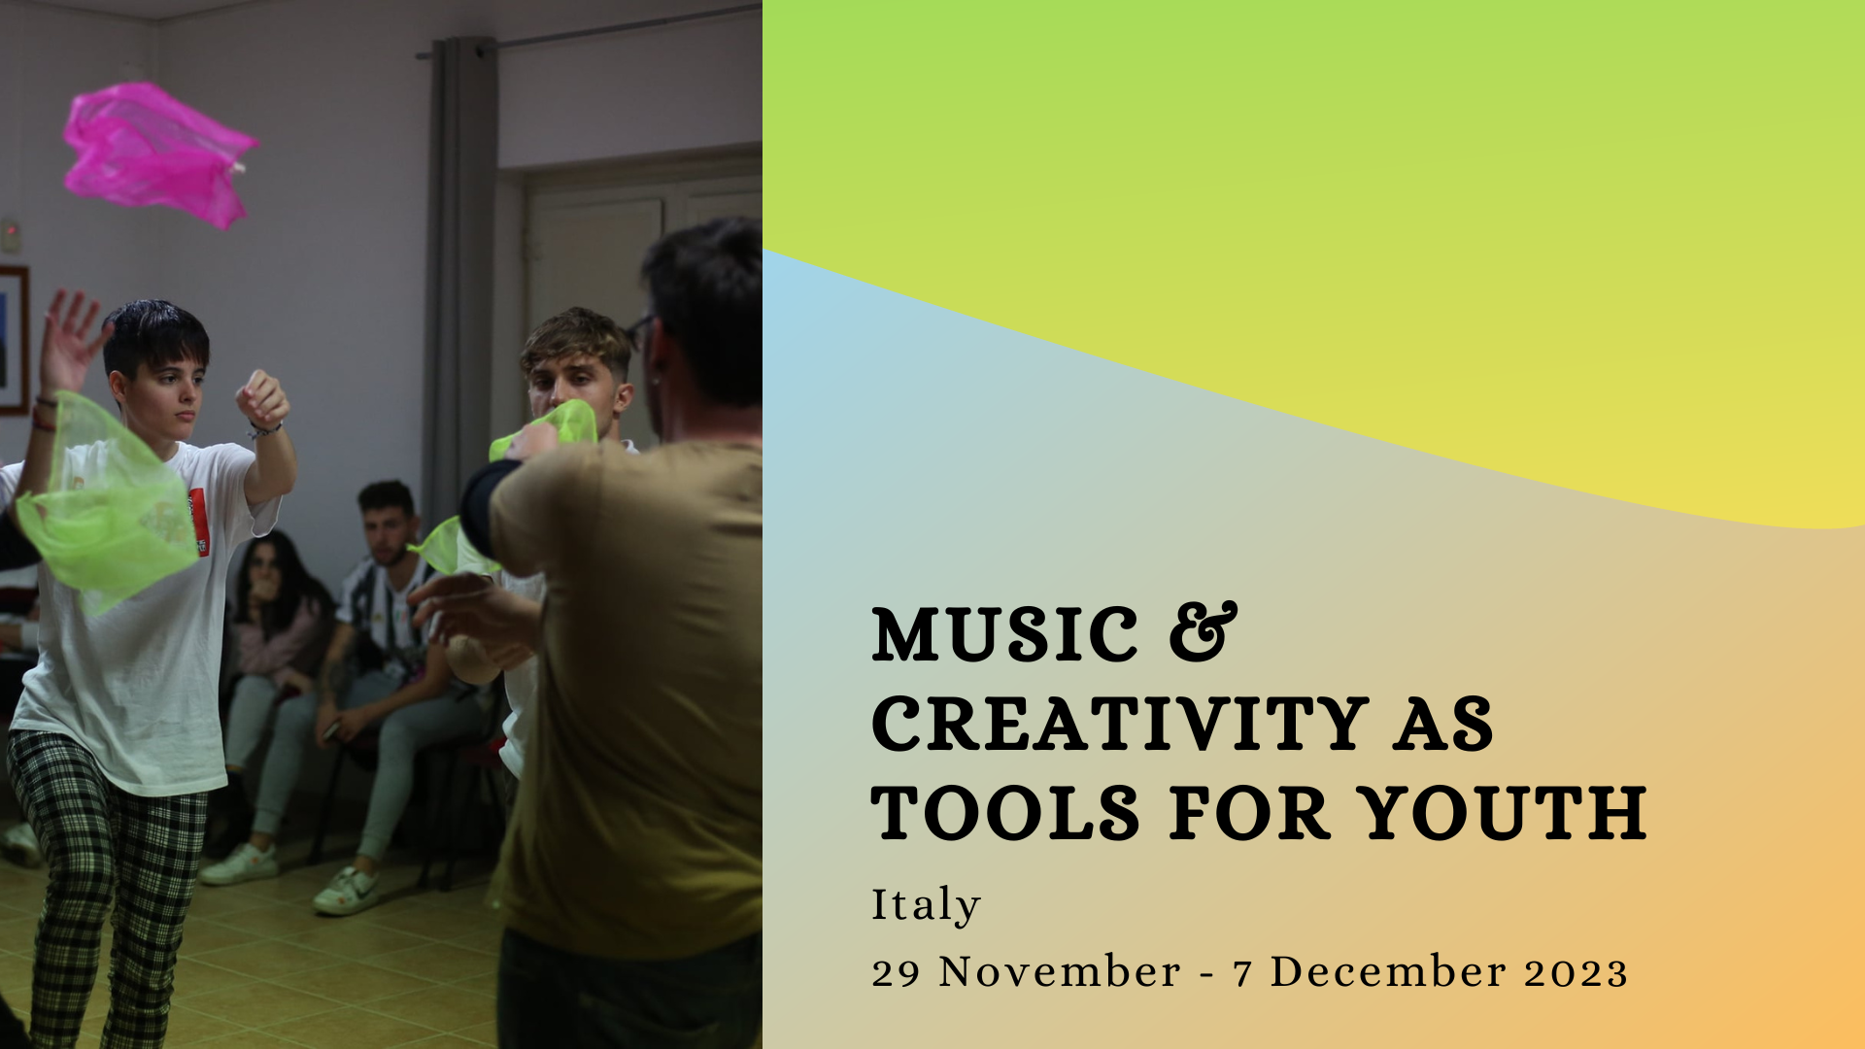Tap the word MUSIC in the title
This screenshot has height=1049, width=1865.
[1005, 634]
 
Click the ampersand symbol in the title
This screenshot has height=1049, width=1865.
[1204, 632]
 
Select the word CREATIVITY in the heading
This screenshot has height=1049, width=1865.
[1121, 724]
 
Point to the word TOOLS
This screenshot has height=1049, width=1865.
[1005, 813]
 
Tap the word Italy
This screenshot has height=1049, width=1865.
[926, 905]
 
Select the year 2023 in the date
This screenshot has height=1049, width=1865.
[1576, 972]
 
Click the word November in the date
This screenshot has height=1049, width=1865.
[1060, 972]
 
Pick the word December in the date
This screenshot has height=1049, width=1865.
[1388, 972]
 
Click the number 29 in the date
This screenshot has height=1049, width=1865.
[896, 973]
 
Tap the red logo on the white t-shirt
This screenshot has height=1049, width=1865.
[198, 522]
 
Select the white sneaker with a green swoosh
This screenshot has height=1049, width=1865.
[347, 890]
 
